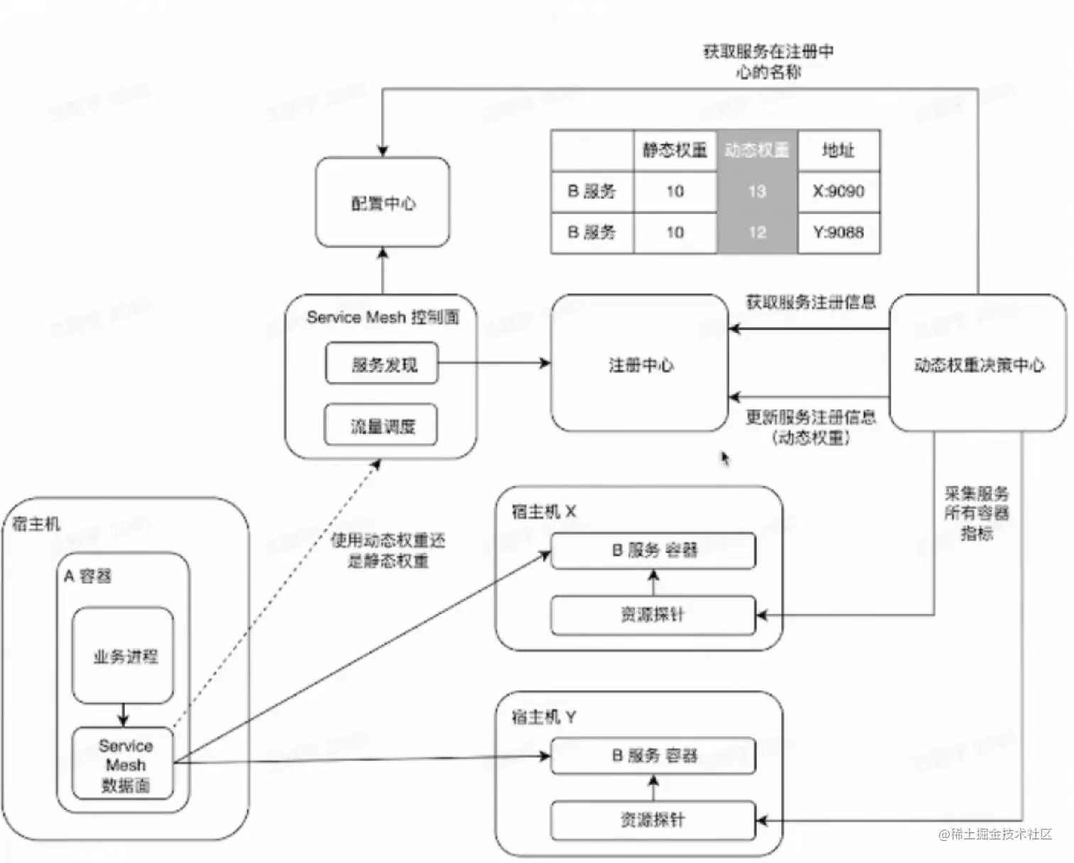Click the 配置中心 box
pos(382,202)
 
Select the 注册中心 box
pos(640,364)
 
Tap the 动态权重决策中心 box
pos(977,364)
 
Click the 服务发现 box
pos(382,364)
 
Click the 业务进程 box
pos(124,655)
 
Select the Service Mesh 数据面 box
pos(124,764)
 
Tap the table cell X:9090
pos(838,190)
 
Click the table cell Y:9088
pos(838,232)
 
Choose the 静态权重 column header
pos(675,150)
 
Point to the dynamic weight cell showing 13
pos(757,190)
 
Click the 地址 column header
pos(838,150)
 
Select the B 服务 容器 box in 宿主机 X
pos(653,550)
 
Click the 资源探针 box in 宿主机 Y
pos(653,820)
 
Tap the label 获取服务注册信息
pos(810,302)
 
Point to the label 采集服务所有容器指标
pos(976,513)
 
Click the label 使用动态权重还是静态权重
pos(388,550)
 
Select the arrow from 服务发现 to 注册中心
pos(494,363)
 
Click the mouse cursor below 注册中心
pos(725,458)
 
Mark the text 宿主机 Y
pos(543,717)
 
